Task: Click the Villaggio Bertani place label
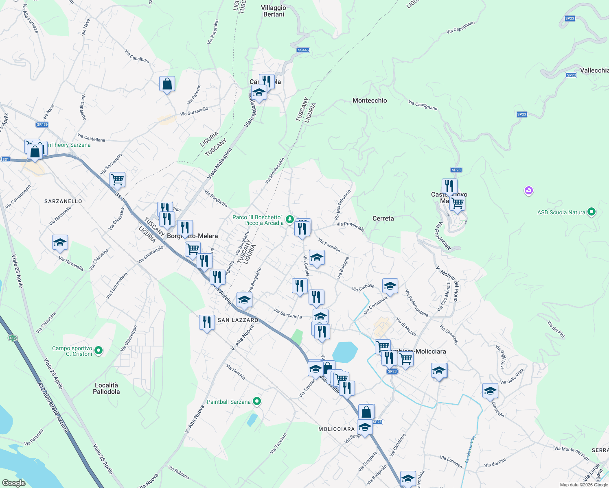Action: pyautogui.click(x=274, y=11)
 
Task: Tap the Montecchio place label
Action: pyautogui.click(x=370, y=100)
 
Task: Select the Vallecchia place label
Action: pyautogui.click(x=594, y=70)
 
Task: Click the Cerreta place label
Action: pyautogui.click(x=383, y=218)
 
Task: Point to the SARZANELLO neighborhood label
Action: pyautogui.click(x=63, y=201)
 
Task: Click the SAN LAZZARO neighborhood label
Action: pyautogui.click(x=238, y=320)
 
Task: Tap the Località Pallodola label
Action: pyautogui.click(x=106, y=388)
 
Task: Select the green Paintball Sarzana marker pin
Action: pyautogui.click(x=257, y=402)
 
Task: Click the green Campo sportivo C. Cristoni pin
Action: pyautogui.click(x=99, y=350)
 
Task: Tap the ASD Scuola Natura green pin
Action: pyautogui.click(x=592, y=212)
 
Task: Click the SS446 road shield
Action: pyautogui.click(x=303, y=50)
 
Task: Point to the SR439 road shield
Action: pyautogui.click(x=42, y=124)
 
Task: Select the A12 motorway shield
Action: pyautogui.click(x=12, y=338)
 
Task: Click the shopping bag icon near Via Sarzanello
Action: pyautogui.click(x=167, y=84)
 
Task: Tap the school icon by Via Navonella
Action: pyautogui.click(x=60, y=243)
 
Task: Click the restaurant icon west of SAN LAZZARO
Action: pyautogui.click(x=207, y=322)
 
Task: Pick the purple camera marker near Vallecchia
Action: pyautogui.click(x=529, y=190)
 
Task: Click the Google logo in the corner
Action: pyautogui.click(x=14, y=483)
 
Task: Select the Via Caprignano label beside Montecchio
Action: pyautogui.click(x=423, y=105)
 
